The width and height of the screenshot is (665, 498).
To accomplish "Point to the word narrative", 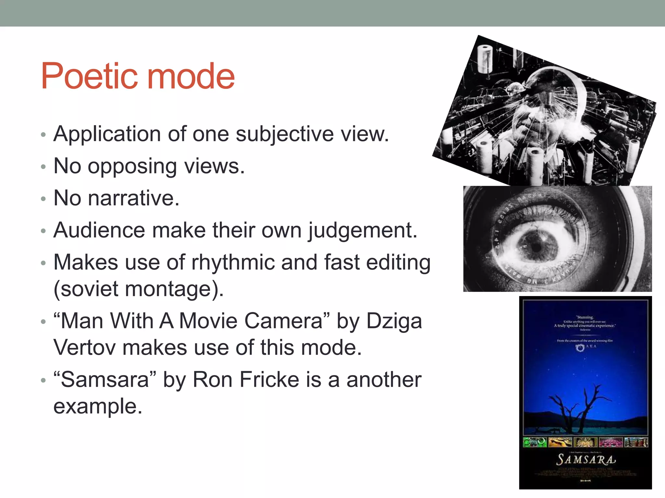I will (133, 198).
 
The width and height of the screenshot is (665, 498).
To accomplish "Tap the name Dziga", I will (394, 321).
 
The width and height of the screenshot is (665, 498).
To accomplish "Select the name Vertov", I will (84, 348).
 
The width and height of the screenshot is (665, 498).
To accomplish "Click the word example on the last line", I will (97, 407).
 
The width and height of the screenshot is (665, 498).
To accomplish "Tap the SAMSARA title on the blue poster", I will (585, 460).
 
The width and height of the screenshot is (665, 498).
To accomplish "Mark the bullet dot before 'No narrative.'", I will (44, 199).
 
